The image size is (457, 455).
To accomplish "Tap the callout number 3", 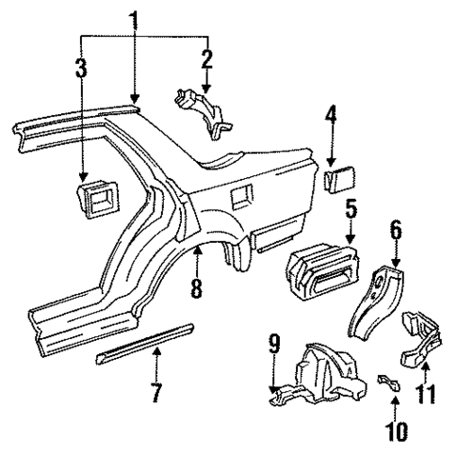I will (x=82, y=69).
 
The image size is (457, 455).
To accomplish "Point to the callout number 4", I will (x=331, y=121).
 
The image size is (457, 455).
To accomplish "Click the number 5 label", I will (x=351, y=206).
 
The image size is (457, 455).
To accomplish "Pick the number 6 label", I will (x=396, y=229).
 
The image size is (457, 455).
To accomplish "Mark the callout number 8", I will (x=196, y=287).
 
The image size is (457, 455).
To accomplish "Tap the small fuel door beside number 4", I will (x=339, y=177).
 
